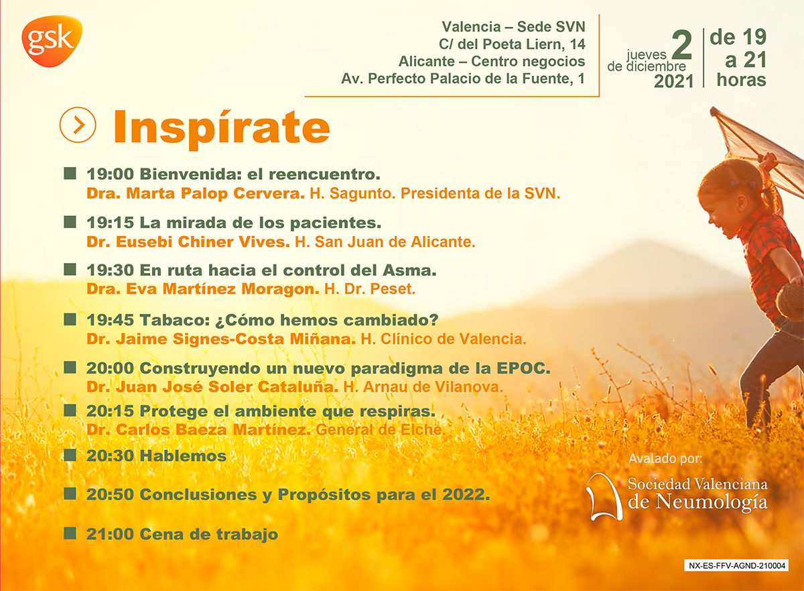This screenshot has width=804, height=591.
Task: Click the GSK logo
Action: coord(52,41)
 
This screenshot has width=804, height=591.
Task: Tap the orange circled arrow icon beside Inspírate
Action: coord(78,125)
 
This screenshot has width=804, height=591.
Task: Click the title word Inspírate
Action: coord(222,129)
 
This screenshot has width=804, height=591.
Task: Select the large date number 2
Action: coord(681,45)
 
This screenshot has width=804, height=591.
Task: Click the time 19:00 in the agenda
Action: coord(110,174)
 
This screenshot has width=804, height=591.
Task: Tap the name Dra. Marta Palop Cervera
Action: coord(196,193)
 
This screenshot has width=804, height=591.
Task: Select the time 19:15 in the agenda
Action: coord(110,223)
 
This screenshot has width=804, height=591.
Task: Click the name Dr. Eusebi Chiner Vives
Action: coord(188,241)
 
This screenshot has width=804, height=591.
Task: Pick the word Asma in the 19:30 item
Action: coord(409,270)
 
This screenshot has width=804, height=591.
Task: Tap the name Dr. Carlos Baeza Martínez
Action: coord(199,430)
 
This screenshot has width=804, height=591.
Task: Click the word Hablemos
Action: coord(183,456)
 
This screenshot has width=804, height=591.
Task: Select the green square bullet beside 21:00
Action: coord(70,533)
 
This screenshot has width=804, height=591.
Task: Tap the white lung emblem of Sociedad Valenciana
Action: coord(604,497)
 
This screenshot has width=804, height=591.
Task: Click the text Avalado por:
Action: coord(665,458)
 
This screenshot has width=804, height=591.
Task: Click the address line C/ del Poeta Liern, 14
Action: coord(512,44)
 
